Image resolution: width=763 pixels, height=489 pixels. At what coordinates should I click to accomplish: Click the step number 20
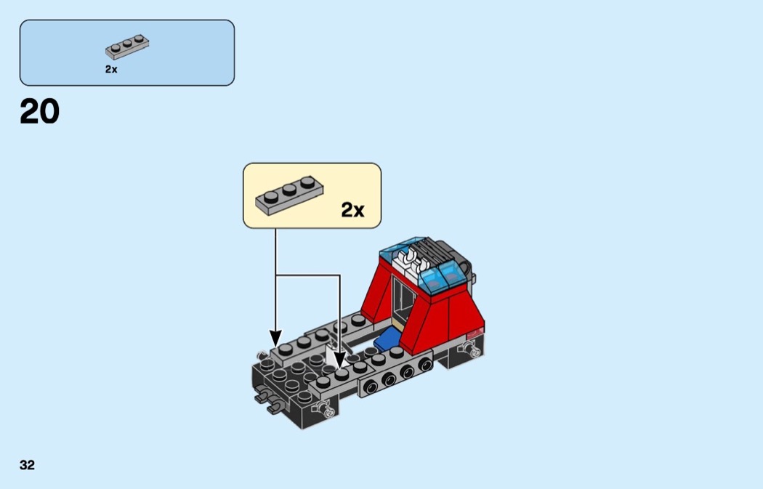tap(39, 111)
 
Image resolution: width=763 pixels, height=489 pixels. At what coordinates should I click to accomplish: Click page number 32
tap(28, 465)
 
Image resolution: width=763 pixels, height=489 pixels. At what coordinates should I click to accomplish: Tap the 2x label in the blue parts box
tap(111, 70)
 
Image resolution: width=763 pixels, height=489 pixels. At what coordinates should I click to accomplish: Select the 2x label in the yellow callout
tap(352, 210)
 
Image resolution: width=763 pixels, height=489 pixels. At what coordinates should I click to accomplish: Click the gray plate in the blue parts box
tap(127, 47)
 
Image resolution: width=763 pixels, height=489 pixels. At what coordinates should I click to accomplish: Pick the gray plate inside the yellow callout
tap(289, 195)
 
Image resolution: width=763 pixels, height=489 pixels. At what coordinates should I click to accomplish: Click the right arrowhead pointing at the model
tap(339, 359)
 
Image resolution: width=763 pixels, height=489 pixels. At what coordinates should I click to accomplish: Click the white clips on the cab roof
tap(411, 261)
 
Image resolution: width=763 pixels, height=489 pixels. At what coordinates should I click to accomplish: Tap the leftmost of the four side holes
tap(371, 387)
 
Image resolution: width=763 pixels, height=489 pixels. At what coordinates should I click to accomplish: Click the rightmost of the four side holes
tap(425, 364)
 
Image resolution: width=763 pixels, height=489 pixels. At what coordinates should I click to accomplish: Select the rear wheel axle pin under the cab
tap(469, 349)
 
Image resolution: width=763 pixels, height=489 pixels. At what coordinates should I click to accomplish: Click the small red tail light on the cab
tap(475, 333)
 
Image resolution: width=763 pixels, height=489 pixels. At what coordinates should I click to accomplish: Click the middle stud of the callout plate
tap(289, 190)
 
